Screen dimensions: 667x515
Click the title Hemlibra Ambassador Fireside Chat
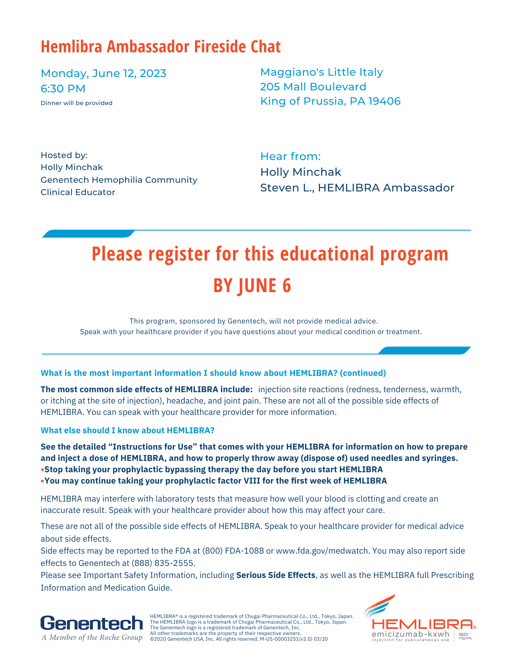tap(161, 47)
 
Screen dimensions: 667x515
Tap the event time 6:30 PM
tap(63, 89)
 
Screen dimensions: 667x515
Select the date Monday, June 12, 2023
tap(103, 73)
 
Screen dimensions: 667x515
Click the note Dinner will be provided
tap(76, 103)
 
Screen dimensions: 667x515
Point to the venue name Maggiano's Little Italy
tap(321, 72)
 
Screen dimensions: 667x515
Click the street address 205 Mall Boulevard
tap(313, 87)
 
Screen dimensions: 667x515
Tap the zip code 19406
tap(384, 101)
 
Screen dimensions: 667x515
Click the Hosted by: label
tap(64, 155)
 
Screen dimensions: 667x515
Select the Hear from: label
tap(290, 156)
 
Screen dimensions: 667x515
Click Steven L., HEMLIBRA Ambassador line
tap(357, 188)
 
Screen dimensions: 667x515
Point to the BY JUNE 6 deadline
tap(252, 286)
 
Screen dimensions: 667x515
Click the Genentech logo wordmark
tap(92, 623)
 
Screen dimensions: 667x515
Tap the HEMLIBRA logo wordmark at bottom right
tap(422, 624)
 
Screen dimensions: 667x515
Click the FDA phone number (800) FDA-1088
tap(233, 551)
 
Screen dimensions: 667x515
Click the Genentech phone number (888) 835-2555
tap(163, 563)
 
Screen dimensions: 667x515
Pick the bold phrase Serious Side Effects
tap(276, 575)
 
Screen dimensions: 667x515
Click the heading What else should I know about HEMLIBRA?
tap(127, 430)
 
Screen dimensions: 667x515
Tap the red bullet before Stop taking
tap(42, 470)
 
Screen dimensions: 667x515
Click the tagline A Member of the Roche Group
tap(92, 638)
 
